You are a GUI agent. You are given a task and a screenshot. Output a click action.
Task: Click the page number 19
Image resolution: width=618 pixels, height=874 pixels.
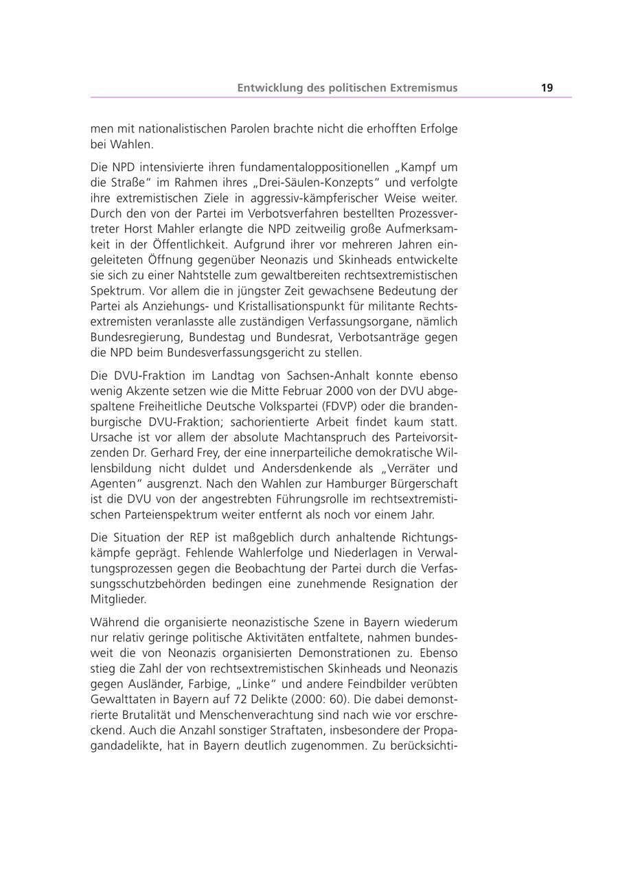[547, 88]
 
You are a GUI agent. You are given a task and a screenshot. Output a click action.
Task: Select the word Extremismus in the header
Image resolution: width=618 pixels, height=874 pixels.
[424, 88]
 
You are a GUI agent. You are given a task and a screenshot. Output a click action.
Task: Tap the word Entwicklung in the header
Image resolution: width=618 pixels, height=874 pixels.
[268, 88]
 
